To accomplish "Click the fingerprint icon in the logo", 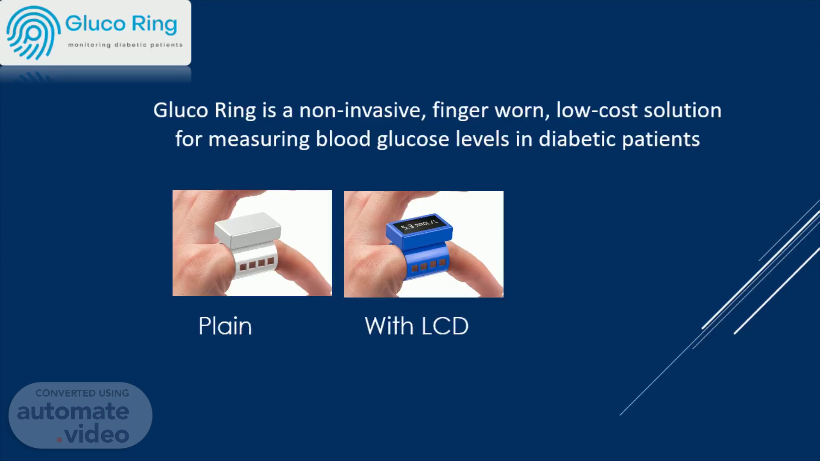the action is coord(33,33).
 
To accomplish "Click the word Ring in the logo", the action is coord(154,24).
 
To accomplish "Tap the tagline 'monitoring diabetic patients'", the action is coord(125,45).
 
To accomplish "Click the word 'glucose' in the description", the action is coord(413,140).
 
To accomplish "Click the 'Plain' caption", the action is coord(225,327).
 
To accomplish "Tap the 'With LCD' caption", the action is coord(416,326).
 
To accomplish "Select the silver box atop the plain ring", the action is coord(248,230).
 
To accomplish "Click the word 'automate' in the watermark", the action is coord(73,411).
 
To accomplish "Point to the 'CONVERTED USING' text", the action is coord(82,393).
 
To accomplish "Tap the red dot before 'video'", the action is coord(60,439).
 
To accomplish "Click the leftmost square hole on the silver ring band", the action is coord(243,267).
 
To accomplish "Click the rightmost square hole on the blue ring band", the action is coord(442,263).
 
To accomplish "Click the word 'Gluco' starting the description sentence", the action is coord(181,110).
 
